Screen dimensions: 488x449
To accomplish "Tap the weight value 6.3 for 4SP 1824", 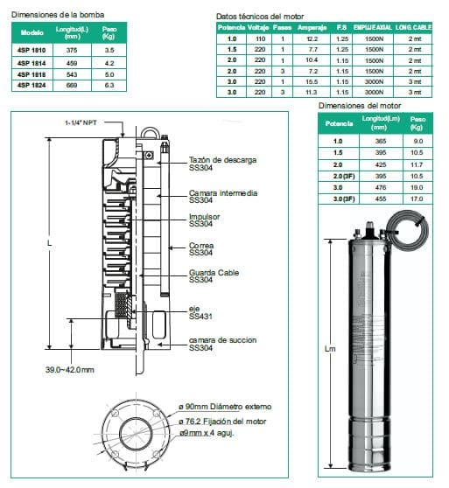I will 110,86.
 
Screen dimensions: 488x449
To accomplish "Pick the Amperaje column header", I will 312,28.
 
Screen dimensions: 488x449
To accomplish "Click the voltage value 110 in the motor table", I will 260,39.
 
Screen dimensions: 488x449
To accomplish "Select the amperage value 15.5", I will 312,81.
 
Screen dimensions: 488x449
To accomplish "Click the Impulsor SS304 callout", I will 205,220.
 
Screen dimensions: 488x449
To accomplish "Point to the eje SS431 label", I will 200,312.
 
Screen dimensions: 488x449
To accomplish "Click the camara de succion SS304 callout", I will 224,343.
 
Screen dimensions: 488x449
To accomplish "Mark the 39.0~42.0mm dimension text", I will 69,370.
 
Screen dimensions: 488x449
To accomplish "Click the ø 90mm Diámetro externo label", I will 225,408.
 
